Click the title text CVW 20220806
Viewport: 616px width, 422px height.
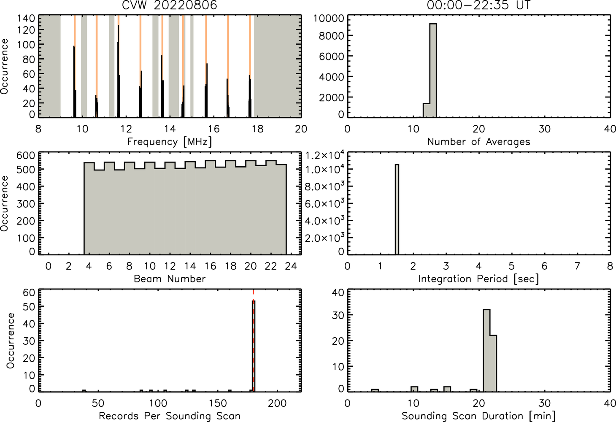pos(170,5)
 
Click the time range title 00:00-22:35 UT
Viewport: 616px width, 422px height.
pos(478,5)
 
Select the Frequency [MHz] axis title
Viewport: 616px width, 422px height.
pos(170,142)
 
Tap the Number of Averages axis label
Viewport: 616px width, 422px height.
pos(478,142)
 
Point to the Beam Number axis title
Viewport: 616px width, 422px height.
pos(170,279)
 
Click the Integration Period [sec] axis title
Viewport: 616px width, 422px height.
pos(478,279)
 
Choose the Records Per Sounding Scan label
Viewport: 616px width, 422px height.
pos(170,416)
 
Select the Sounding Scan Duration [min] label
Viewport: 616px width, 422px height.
pos(478,416)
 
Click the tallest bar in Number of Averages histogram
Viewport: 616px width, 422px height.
pos(433,70)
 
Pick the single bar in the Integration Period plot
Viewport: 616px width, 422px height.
pos(397,210)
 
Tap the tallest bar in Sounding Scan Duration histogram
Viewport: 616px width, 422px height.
pos(486,351)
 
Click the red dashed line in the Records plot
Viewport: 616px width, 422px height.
pos(254,341)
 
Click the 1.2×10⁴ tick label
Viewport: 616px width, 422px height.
pos(325,155)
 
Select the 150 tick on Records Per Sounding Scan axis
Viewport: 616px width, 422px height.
pos(218,403)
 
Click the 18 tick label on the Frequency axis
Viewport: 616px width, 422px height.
pos(257,129)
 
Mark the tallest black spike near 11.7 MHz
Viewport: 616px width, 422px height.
pos(119,71)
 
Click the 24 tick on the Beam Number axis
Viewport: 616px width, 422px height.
pos(291,266)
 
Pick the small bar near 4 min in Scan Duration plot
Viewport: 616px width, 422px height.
pos(375,390)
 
